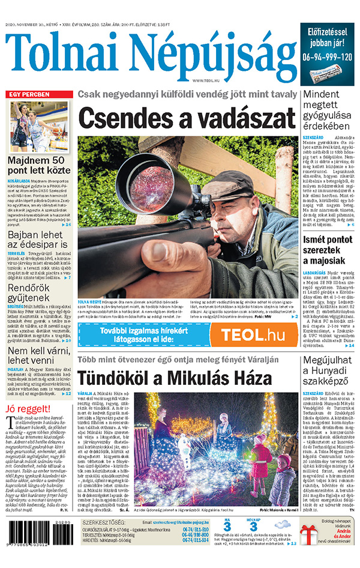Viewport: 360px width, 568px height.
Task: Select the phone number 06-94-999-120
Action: point(328,58)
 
